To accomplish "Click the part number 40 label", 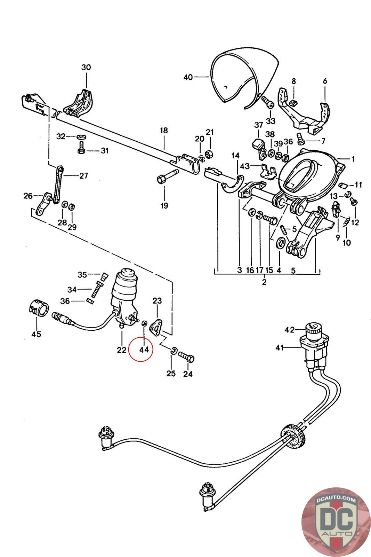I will coord(188,77).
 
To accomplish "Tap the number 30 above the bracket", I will coord(86,67).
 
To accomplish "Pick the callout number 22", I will coord(121,350).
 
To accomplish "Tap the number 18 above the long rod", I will coord(164,131).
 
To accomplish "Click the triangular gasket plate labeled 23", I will coord(156,326).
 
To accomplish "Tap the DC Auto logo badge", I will coord(335,521).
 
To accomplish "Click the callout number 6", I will coord(325,81).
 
